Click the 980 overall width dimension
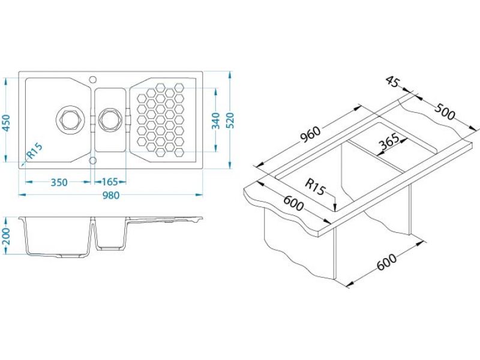click(110, 194)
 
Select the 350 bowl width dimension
click(59, 182)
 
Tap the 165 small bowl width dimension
click(110, 182)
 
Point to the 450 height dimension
click(6, 123)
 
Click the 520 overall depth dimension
click(230, 121)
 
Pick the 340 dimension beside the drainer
click(216, 121)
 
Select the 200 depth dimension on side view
click(6, 236)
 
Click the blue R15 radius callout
click(35, 152)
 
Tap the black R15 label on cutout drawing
click(315, 187)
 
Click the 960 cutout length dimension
click(310, 135)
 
